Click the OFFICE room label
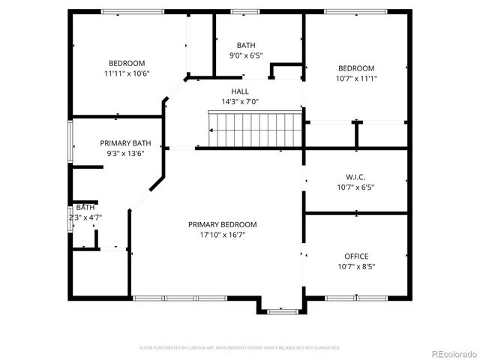(355, 256)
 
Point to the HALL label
(240, 91)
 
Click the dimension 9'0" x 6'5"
(246, 55)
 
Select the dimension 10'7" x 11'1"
(355, 78)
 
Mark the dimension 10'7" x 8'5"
(355, 266)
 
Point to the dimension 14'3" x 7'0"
(240, 102)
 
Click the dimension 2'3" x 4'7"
(84, 217)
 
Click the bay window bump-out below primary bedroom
(283, 307)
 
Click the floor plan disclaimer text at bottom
(240, 348)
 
